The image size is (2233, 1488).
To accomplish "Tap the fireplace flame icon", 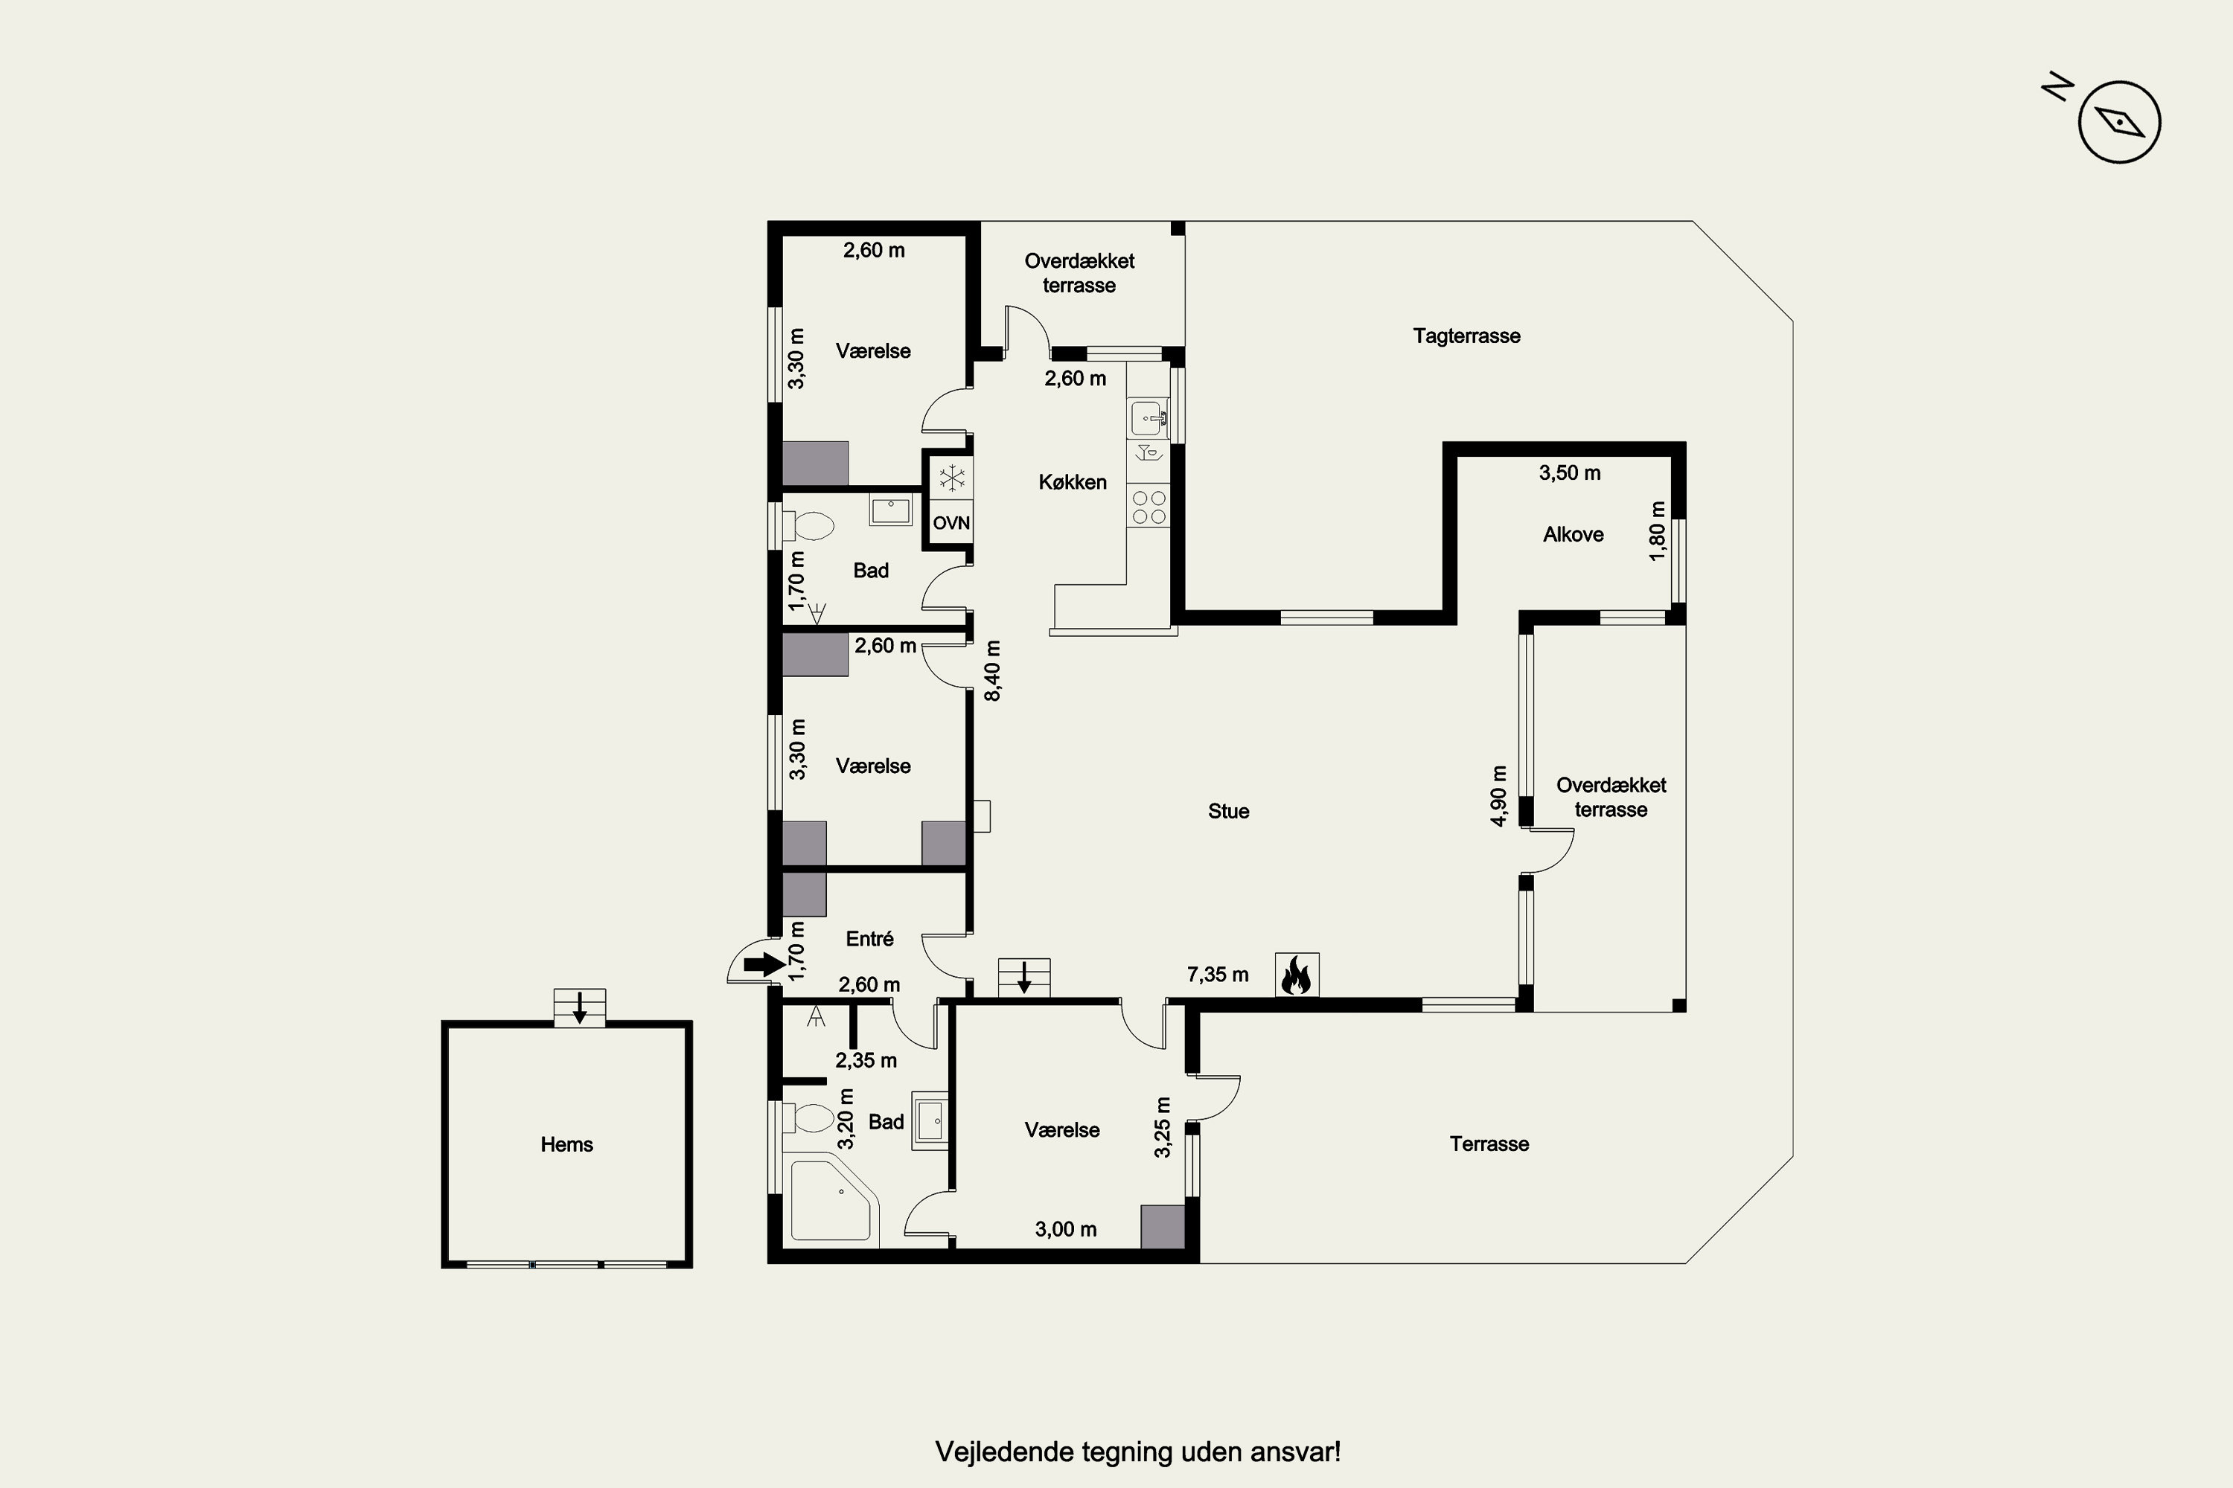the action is click(x=1297, y=975).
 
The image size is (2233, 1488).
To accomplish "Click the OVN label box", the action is click(x=951, y=523).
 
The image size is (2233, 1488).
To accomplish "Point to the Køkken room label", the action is click(x=1072, y=482).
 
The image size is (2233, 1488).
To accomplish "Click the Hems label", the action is click(x=566, y=1144).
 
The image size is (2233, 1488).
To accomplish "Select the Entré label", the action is click(x=869, y=938).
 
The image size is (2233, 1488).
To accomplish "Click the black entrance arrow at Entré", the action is click(x=764, y=965).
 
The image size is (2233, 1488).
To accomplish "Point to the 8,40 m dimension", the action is click(x=992, y=671).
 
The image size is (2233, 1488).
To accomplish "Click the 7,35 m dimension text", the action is click(x=1217, y=975).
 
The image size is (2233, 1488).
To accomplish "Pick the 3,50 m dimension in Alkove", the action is click(x=1569, y=472).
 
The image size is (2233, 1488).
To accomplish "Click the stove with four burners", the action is click(x=1149, y=507).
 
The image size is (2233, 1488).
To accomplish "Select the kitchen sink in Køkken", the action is click(x=1149, y=418).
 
